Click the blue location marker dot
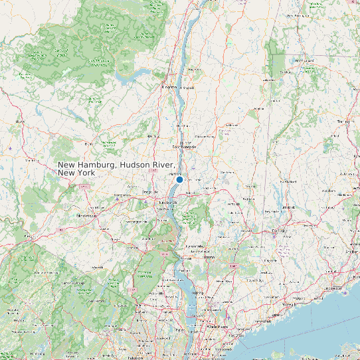point(179,179)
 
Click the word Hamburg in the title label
point(100,165)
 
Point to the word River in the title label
point(165,165)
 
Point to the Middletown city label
point(86,215)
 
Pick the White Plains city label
point(217,327)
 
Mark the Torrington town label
point(343,122)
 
